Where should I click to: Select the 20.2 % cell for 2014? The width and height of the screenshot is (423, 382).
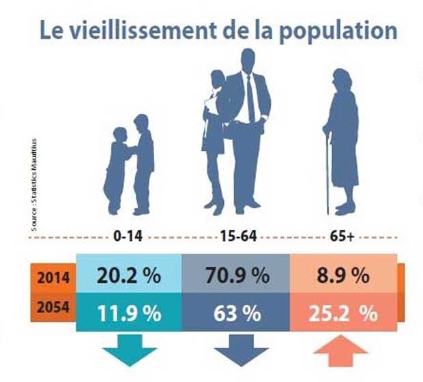pyautogui.click(x=128, y=276)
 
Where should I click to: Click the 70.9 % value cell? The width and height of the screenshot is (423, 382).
pyautogui.click(x=236, y=276)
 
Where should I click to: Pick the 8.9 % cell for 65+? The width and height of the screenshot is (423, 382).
pyautogui.click(x=343, y=276)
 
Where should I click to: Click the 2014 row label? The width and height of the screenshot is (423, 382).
pyautogui.click(x=53, y=278)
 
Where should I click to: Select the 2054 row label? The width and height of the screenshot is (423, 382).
pyautogui.click(x=53, y=308)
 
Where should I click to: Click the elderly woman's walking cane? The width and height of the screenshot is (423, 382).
pyautogui.click(x=328, y=171)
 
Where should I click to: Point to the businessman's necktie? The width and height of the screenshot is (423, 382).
pyautogui.click(x=250, y=99)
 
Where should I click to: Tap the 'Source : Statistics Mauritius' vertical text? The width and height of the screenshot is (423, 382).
pyautogui.click(x=35, y=184)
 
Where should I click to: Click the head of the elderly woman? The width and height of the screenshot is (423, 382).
pyautogui.click(x=340, y=79)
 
